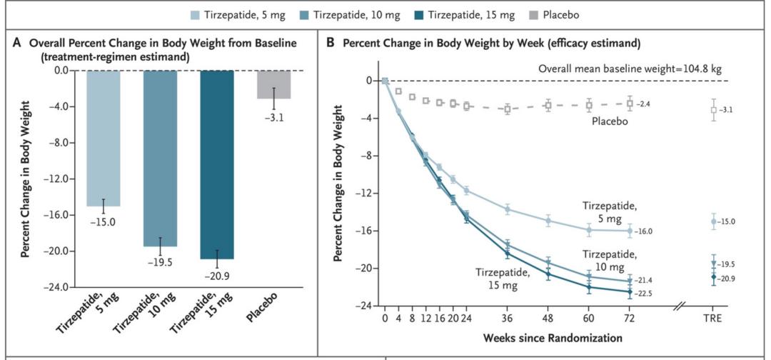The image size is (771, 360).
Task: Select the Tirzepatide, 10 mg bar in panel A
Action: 160,158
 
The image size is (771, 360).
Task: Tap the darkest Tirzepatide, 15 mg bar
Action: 217,164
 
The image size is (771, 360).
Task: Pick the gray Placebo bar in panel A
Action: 274,84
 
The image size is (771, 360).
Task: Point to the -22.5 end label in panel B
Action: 645,291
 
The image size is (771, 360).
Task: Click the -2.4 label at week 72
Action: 645,104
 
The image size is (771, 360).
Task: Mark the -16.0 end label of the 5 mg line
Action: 645,231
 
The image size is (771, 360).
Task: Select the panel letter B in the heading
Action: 330,43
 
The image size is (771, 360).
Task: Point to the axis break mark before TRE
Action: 680,306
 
